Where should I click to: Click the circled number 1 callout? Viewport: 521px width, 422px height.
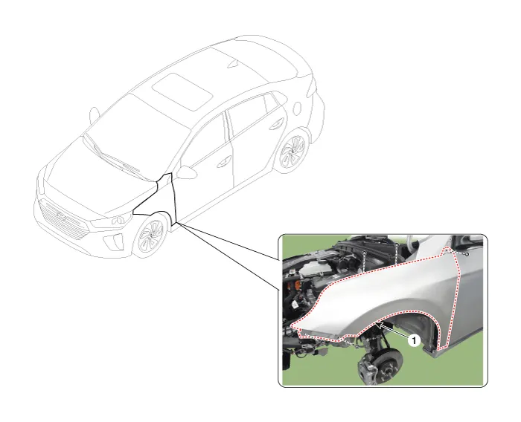click(x=414, y=340)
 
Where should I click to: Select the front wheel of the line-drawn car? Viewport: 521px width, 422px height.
click(x=150, y=235)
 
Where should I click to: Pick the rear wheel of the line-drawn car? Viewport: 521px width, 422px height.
click(x=292, y=152)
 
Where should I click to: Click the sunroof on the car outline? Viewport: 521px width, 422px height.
click(x=182, y=91)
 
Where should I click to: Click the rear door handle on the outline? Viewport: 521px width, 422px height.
click(x=277, y=125)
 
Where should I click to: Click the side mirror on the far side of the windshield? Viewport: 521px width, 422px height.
click(x=94, y=115)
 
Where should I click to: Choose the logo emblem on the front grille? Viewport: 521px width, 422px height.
click(x=63, y=216)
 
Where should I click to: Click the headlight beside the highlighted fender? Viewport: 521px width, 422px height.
click(x=111, y=221)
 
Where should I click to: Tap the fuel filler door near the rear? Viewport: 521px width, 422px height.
click(x=297, y=108)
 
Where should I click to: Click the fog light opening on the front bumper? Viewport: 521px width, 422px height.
click(x=112, y=241)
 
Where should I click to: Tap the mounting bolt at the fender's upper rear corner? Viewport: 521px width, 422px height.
click(x=467, y=254)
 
